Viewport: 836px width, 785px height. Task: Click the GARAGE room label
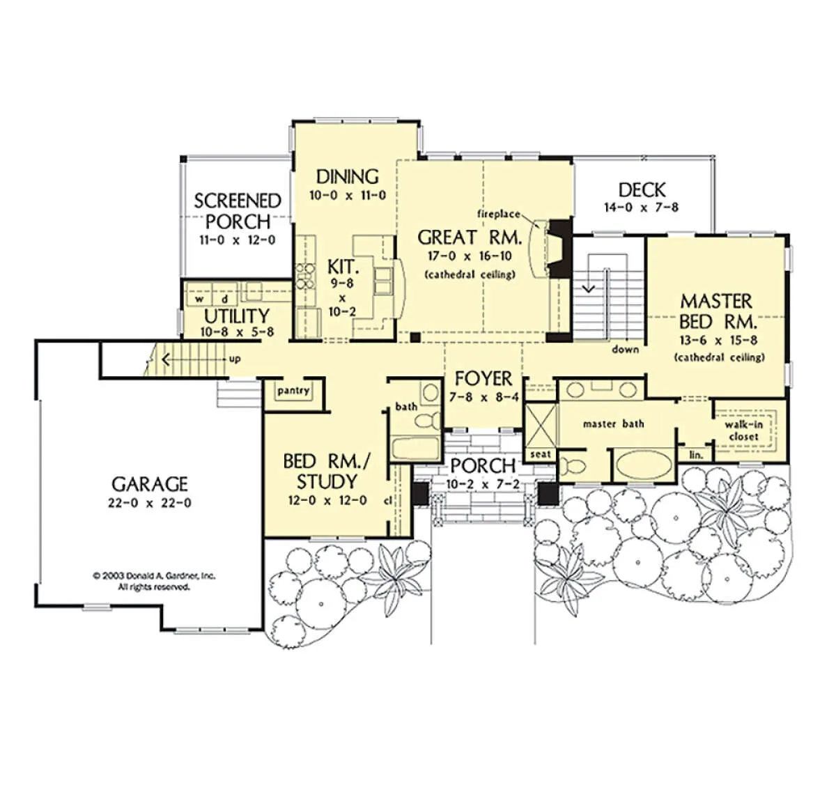click(x=150, y=484)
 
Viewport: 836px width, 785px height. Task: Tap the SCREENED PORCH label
click(x=238, y=211)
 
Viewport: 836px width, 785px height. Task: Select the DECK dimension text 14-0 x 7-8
click(x=642, y=208)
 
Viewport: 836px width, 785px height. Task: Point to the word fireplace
click(x=499, y=215)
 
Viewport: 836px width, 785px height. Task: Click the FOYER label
click(x=483, y=379)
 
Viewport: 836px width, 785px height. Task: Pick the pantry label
click(x=293, y=391)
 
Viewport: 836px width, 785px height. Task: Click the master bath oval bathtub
click(x=644, y=465)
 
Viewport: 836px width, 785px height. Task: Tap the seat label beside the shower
click(x=541, y=455)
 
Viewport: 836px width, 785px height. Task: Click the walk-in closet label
click(x=744, y=430)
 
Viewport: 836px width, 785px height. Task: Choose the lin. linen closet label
click(x=696, y=455)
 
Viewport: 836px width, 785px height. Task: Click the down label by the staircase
click(x=626, y=350)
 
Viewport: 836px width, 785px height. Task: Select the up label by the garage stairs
click(x=235, y=359)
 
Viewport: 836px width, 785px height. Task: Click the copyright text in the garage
click(x=154, y=582)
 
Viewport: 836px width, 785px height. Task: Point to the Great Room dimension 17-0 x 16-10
click(x=470, y=256)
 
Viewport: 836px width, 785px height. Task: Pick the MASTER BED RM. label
click(x=716, y=311)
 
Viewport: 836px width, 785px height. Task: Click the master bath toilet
click(x=572, y=466)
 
